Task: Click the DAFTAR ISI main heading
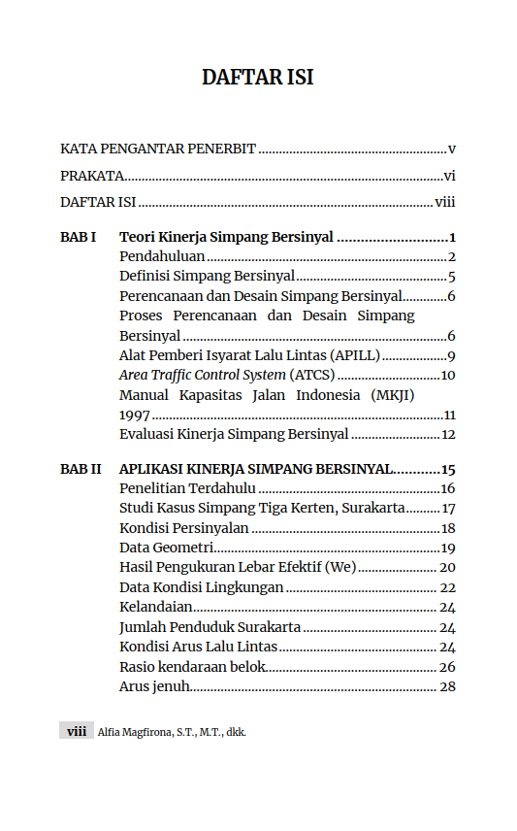257,78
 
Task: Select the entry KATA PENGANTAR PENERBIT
157,150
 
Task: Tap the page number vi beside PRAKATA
449,177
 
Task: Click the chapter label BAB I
78,237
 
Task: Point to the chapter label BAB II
81,469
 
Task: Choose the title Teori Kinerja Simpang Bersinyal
226,237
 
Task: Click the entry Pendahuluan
161,257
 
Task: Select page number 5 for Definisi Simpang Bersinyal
452,277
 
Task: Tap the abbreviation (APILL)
355,355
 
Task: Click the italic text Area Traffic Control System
202,375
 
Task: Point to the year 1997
135,415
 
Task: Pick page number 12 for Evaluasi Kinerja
448,434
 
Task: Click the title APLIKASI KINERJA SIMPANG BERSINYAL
256,469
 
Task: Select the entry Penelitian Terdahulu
187,488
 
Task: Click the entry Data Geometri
166,548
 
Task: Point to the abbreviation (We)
341,567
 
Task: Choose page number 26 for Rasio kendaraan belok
447,667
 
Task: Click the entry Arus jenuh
153,686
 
